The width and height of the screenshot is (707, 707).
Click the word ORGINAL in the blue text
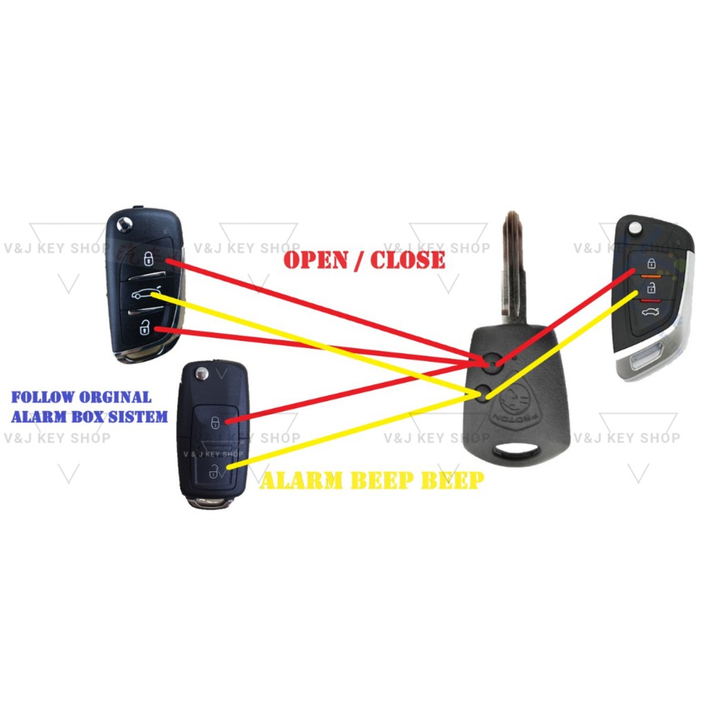[x=115, y=398]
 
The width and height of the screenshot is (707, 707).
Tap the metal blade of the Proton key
[x=513, y=269]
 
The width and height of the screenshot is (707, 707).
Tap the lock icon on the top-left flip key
[x=148, y=259]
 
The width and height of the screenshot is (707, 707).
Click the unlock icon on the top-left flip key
[x=144, y=329]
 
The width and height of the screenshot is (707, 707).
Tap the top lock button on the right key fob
[x=650, y=263]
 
